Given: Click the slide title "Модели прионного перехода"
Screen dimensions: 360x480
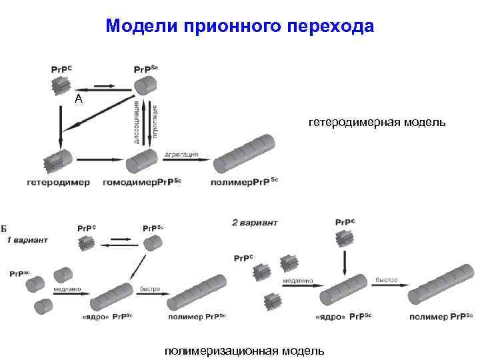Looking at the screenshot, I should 240,26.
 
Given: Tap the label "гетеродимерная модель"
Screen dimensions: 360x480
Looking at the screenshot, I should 377,123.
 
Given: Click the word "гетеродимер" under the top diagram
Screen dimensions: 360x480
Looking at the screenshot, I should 59,182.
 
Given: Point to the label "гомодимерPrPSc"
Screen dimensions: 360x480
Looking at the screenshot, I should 143,182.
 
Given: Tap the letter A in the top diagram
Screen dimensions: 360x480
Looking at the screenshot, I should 79,99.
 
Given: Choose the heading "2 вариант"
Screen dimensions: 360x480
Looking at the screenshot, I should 254,222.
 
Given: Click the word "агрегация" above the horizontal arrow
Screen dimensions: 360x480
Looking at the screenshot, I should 181,154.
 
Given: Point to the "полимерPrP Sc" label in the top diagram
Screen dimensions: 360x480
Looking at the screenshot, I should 243,182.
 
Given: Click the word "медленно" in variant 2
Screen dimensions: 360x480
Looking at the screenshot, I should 297,281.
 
